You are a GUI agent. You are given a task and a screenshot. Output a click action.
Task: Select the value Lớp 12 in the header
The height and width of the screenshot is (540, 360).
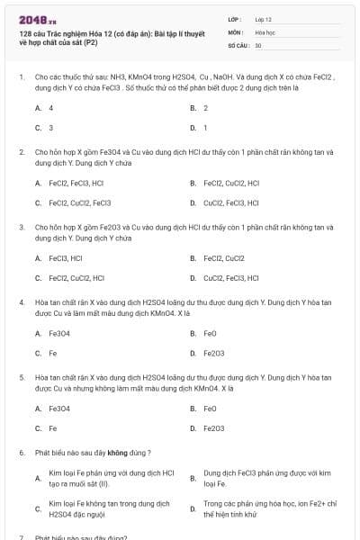tap(264, 19)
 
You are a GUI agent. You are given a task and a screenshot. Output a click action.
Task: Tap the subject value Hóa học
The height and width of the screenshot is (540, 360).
tap(264, 31)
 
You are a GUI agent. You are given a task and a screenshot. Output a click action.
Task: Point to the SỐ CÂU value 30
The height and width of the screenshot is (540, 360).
tap(258, 44)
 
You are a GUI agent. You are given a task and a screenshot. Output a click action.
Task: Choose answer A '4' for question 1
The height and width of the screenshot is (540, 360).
tap(50, 107)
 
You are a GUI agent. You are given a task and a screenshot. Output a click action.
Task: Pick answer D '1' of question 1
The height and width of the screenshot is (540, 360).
tap(206, 128)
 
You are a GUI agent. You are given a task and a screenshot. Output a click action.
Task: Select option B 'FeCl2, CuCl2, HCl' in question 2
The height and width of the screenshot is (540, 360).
tap(231, 183)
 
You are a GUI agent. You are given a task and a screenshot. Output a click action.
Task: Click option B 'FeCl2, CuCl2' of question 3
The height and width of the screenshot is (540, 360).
tap(224, 257)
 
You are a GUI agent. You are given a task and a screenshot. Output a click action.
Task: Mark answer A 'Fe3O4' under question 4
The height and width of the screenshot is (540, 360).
tap(59, 332)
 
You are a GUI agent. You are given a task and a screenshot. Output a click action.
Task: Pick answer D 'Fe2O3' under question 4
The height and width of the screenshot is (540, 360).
tap(214, 353)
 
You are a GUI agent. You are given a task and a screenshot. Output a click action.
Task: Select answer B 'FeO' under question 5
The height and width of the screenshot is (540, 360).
tap(210, 408)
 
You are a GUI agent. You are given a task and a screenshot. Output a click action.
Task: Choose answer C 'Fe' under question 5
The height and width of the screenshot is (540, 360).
tap(53, 427)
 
